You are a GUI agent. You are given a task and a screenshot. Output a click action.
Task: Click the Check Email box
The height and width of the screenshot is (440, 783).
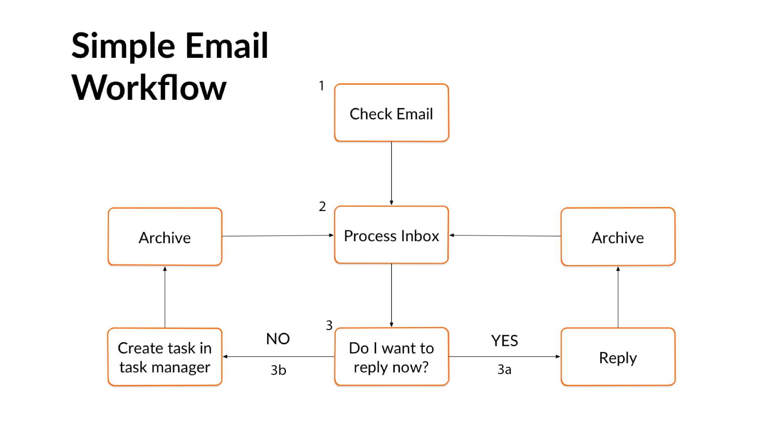tap(391, 113)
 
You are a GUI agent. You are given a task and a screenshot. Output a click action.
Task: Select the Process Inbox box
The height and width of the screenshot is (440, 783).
tap(391, 235)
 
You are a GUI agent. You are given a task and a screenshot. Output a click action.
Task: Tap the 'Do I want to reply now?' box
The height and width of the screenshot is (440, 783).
tap(391, 357)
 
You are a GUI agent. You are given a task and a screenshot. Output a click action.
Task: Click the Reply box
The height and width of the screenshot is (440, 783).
tap(618, 357)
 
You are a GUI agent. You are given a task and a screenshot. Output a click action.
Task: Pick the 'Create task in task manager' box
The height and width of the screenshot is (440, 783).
tap(165, 357)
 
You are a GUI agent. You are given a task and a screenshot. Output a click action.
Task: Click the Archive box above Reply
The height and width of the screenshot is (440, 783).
tap(618, 237)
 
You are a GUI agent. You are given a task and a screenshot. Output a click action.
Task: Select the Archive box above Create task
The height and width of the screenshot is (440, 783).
tap(165, 237)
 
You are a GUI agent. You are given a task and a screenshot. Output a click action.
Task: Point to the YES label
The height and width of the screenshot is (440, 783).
tap(504, 341)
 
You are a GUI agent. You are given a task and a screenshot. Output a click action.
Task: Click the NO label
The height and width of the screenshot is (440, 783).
tap(278, 339)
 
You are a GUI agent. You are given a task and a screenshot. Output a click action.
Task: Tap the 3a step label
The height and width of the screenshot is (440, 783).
tap(504, 370)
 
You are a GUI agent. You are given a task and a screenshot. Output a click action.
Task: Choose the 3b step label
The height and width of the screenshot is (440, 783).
tap(279, 370)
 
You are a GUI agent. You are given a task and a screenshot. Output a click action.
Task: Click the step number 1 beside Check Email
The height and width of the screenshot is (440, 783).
tap(321, 86)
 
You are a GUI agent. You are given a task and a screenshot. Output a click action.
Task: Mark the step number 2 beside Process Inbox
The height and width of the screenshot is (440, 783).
tap(322, 207)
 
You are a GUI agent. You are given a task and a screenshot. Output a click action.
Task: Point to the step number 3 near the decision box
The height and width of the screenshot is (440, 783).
tap(329, 325)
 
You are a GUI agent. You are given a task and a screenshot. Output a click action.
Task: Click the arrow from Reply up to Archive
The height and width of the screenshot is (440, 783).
tap(618, 297)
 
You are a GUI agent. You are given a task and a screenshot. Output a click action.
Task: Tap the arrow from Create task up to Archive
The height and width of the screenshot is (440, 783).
tap(165, 297)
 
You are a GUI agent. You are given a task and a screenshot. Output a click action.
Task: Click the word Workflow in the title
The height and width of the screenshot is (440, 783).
tap(149, 87)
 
